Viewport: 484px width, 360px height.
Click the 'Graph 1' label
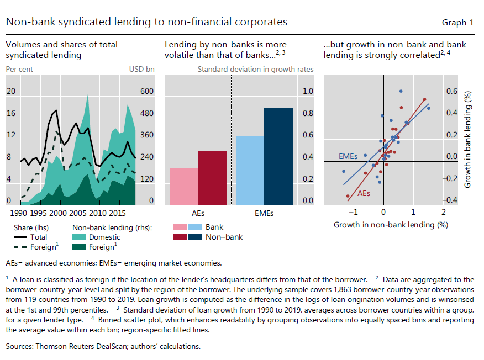457,23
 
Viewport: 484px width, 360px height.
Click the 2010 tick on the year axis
98,213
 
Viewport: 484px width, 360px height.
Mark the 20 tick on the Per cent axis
10,92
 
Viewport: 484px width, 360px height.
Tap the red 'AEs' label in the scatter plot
364,194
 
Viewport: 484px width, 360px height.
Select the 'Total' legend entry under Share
39,237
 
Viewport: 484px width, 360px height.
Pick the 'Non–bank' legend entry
224,237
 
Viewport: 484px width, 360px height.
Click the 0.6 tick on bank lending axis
451,92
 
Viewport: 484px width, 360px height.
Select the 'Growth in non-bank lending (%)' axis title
390,225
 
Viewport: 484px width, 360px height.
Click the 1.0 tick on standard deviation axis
307,92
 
